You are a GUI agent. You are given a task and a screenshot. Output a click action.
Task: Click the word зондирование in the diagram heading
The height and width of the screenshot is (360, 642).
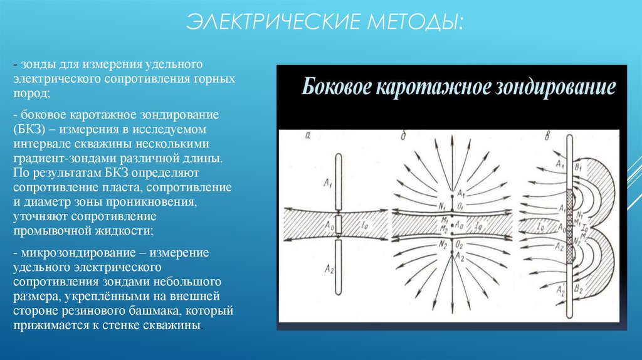[555, 87]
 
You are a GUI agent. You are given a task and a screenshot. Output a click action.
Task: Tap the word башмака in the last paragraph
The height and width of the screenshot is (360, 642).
[140, 312]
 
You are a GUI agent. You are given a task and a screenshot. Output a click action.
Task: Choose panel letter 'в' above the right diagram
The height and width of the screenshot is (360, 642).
[532, 135]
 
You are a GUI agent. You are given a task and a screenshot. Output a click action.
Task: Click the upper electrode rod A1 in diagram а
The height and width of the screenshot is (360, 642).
[338, 182]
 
